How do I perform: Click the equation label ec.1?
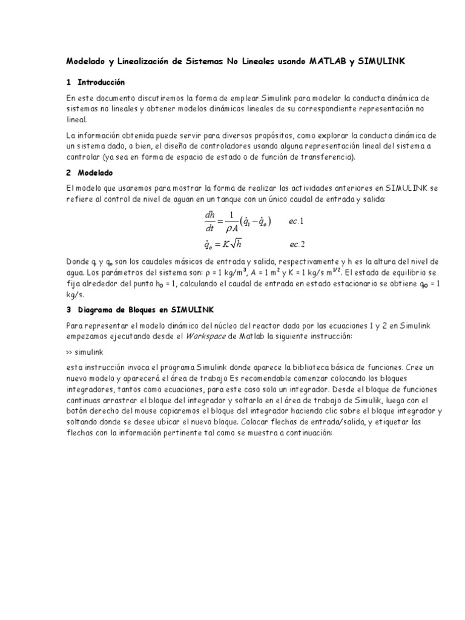(296, 222)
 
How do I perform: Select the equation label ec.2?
(297, 244)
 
